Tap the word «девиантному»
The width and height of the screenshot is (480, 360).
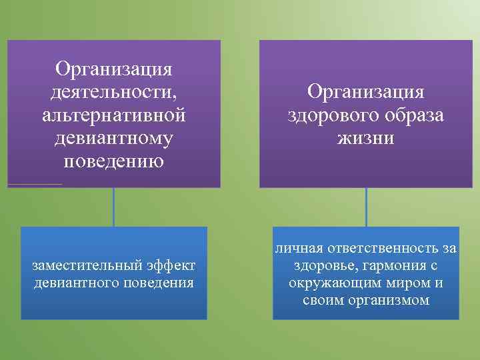114,138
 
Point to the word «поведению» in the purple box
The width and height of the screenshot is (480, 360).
114,161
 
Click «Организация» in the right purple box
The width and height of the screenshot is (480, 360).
365,93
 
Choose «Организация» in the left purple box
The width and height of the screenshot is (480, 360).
114,69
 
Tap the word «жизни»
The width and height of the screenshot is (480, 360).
365,139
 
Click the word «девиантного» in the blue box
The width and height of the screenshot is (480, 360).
76,283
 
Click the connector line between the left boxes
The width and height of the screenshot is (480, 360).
114,207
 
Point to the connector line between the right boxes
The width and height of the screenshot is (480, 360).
366,207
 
